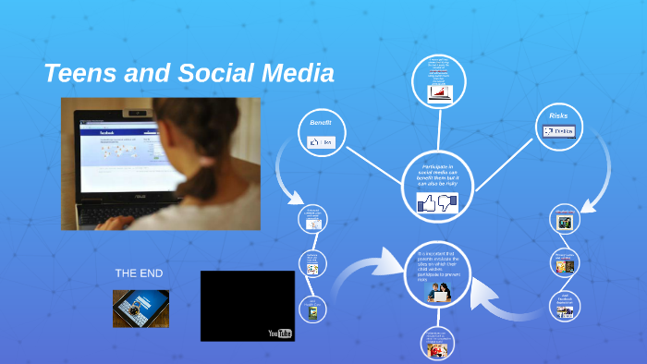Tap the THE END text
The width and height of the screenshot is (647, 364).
[139, 273]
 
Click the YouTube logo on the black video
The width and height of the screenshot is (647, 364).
[279, 333]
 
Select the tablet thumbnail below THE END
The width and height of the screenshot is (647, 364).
[140, 309]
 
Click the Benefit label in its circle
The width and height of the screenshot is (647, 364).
[320, 123]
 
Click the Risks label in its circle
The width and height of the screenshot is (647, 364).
[558, 115]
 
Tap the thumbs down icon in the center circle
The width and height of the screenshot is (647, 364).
[447, 201]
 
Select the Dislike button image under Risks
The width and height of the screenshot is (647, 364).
[559, 131]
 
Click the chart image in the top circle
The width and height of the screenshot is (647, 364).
[438, 92]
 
